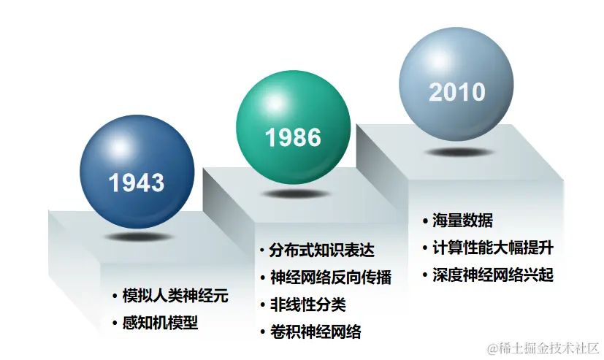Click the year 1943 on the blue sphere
tap(137, 183)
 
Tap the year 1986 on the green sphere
tap(293, 137)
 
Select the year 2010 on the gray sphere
tap(457, 92)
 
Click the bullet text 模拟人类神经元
tap(176, 296)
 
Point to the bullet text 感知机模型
tap(160, 323)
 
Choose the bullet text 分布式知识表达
tap(321, 250)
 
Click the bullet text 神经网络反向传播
tap(331, 277)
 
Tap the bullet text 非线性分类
tap(307, 305)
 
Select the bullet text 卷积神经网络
tap(316, 332)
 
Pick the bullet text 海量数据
tap(462, 221)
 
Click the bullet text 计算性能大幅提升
tap(493, 248)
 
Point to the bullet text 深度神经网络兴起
tap(493, 275)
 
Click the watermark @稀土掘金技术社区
tap(543, 348)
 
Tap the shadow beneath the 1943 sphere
tap(138, 237)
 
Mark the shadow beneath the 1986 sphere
tap(294, 194)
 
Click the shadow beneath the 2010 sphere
tap(459, 153)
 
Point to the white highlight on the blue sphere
tap(120, 148)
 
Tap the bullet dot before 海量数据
tap(425, 221)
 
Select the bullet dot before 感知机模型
tap(115, 323)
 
